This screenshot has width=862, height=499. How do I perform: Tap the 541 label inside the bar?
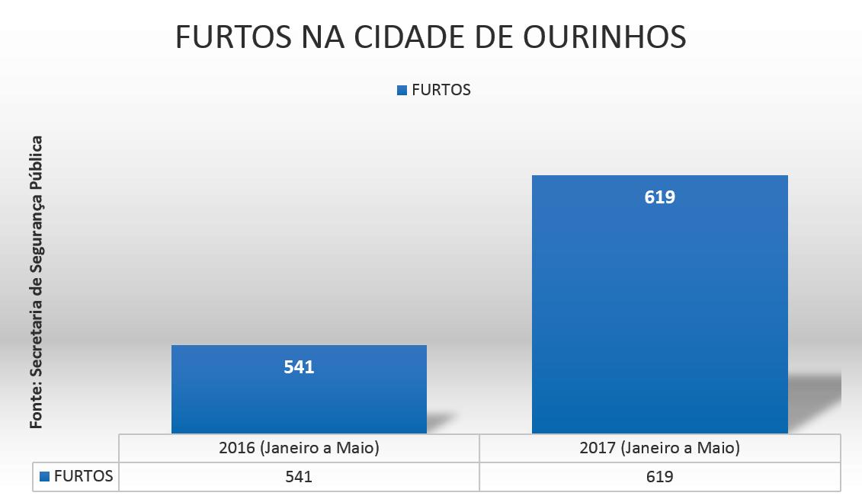299,367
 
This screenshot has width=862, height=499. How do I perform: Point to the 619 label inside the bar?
660,197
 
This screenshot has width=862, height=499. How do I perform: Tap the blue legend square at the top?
402,90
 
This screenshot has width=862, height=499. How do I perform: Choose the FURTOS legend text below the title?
441,90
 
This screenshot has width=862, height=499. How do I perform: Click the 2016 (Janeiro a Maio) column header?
299,448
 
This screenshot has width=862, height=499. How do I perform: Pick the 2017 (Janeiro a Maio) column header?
660,448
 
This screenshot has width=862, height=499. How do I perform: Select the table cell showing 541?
299,477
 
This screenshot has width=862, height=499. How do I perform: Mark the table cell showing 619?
660,477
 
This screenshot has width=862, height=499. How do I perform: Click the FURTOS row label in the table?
84,477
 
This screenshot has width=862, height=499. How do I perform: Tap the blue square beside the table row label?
44,477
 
